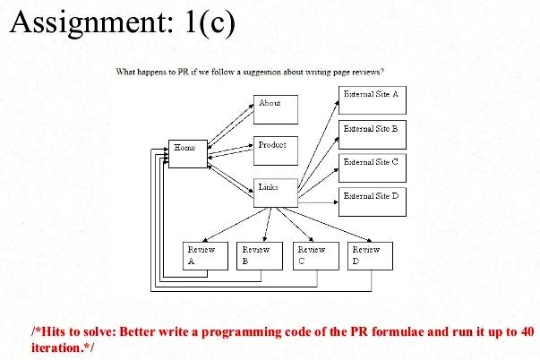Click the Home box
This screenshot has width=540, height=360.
coord(187,154)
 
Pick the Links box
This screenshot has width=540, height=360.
coord(275,193)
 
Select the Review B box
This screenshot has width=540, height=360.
coord(258,255)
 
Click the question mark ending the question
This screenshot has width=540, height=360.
coord(382,71)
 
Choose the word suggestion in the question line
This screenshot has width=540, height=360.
coord(256,71)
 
